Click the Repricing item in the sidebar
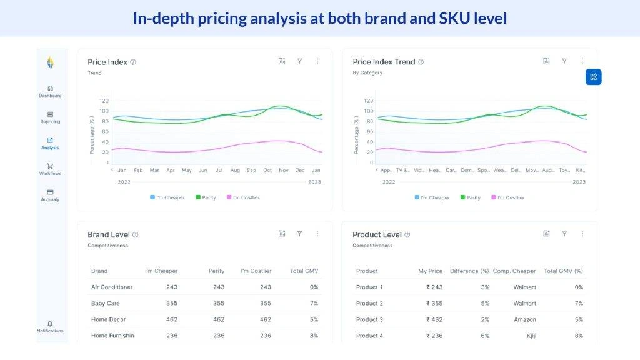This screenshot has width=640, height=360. [x=50, y=117]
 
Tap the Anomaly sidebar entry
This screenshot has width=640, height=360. [x=50, y=195]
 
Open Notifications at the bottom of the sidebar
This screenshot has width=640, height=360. [x=50, y=326]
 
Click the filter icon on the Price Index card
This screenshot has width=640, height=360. [x=299, y=61]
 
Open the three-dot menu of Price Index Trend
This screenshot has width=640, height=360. [x=582, y=61]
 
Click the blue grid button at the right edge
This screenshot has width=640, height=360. [x=593, y=77]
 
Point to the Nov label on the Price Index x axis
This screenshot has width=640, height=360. [x=283, y=170]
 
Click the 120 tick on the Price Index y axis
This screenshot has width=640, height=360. [x=104, y=101]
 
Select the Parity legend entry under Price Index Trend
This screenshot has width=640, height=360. [x=470, y=197]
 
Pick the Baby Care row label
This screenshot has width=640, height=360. [x=105, y=303]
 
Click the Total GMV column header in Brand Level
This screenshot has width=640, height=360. [x=304, y=271]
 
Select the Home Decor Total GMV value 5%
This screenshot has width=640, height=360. [x=314, y=319]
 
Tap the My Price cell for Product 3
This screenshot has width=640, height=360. [x=434, y=319]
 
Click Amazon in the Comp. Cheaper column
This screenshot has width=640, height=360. [x=525, y=319]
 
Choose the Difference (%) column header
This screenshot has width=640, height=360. [x=469, y=271]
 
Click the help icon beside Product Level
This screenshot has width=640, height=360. [x=407, y=235]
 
